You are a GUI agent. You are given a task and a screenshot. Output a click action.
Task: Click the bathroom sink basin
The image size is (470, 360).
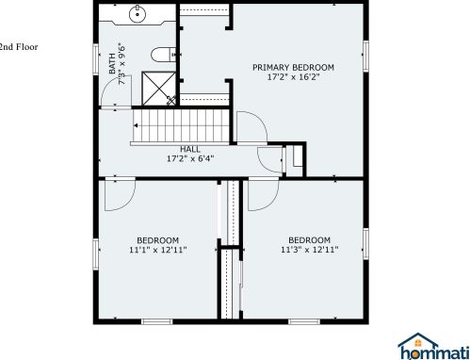(138, 13)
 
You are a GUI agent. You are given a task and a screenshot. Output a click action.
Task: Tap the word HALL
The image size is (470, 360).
(190, 148)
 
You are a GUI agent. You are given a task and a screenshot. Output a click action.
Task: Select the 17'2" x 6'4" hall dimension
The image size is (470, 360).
(190, 158)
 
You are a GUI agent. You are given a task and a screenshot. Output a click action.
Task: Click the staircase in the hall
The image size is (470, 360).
(180, 126)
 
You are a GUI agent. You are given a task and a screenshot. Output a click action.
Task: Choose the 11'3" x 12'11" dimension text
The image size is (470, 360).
(309, 250)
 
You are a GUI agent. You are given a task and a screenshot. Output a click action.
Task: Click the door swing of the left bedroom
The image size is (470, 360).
(121, 193)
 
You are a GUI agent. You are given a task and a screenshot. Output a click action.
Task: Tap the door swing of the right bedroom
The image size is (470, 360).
(261, 194)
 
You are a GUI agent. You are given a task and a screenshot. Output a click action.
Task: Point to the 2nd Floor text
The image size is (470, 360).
(18, 45)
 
